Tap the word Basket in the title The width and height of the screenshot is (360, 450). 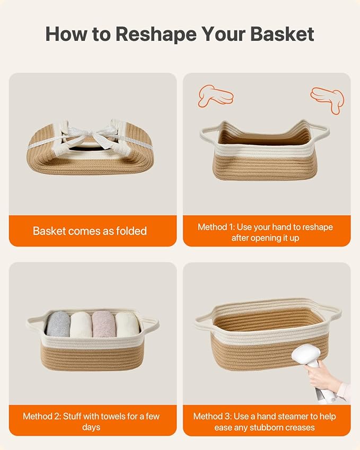[282, 34]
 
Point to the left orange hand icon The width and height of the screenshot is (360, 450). [215, 95]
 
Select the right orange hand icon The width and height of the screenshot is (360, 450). [328, 100]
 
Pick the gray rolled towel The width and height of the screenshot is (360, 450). [58, 324]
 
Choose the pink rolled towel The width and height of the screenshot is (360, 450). [103, 324]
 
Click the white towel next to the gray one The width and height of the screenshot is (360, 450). [81, 325]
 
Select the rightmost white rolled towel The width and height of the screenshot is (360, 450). [127, 325]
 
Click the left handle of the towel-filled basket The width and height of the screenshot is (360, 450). [36, 324]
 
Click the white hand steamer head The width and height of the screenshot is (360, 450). [305, 355]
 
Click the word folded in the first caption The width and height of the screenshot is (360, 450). [131, 231]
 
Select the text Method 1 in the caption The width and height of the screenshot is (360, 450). [216, 227]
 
